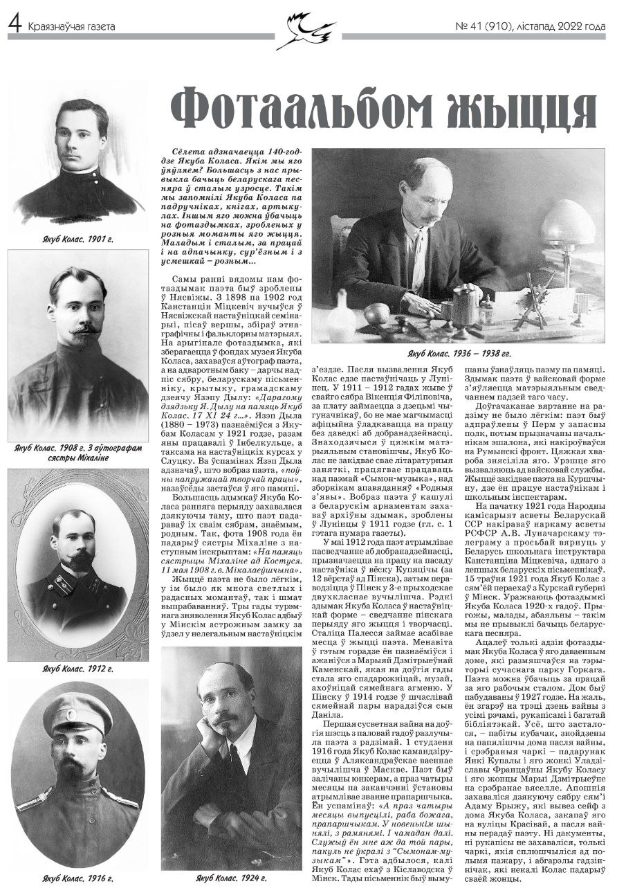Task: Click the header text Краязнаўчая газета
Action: tap(71, 27)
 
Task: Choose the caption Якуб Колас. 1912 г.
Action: tap(77, 669)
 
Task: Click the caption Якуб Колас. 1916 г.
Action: tap(77, 878)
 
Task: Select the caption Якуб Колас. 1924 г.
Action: tap(231, 878)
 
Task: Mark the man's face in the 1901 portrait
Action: tap(82, 138)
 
